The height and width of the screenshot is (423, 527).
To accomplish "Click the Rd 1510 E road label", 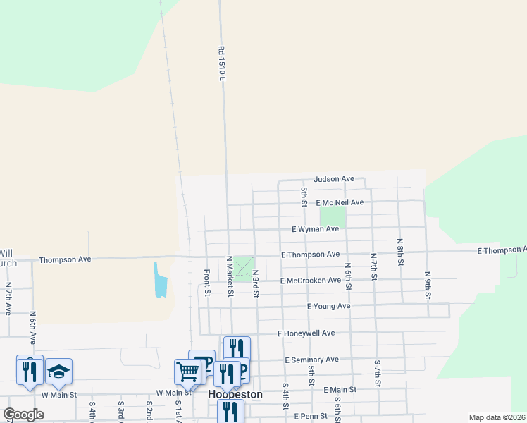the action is click(221, 63).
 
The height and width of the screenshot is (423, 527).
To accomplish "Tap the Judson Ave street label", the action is click(334, 179).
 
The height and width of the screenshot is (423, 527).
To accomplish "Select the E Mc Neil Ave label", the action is click(340, 202).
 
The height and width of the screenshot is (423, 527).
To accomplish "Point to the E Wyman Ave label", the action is click(315, 229).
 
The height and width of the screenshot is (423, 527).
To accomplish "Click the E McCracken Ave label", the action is click(310, 281).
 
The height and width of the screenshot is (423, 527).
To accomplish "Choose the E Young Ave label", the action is click(328, 307).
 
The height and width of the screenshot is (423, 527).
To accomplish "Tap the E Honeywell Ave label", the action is click(306, 333).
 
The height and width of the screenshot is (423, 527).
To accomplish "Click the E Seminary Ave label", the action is click(313, 360).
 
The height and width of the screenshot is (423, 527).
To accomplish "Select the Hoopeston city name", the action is click(235, 395).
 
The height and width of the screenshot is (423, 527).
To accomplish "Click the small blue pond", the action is click(161, 279).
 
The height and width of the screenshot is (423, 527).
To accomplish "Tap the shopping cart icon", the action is click(187, 371).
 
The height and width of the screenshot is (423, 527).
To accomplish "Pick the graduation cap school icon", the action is click(59, 371).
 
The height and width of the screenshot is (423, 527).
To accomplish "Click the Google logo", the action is click(23, 415).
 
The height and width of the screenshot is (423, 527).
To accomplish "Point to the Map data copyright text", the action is click(496, 417).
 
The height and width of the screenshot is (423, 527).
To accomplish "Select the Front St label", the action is click(207, 282).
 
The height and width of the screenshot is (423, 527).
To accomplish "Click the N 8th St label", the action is click(399, 252).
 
